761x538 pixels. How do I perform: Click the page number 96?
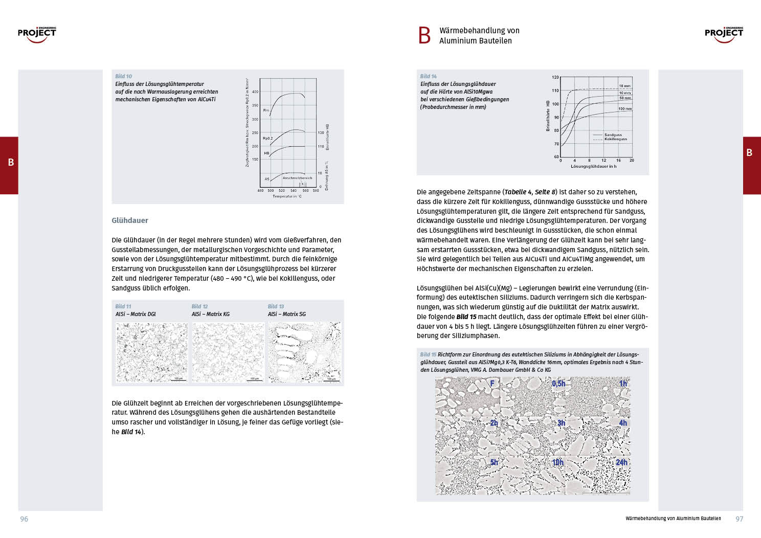pyautogui.click(x=24, y=519)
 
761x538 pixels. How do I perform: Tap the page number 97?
pyautogui.click(x=739, y=519)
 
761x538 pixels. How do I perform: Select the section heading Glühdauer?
pyautogui.click(x=130, y=220)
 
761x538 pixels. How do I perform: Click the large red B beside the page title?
pyautogui.click(x=424, y=35)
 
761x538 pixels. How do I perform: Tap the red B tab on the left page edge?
pyautogui.click(x=10, y=163)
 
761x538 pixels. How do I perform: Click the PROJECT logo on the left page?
pyautogui.click(x=37, y=34)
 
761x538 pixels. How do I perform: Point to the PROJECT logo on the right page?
pyautogui.click(x=724, y=34)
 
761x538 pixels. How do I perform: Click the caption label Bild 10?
pyautogui.click(x=123, y=76)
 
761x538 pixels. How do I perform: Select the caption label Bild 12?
pyautogui.click(x=199, y=306)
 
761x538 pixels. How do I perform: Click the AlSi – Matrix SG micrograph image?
pyautogui.click(x=304, y=352)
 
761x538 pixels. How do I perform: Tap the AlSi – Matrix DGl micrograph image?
pyautogui.click(x=152, y=352)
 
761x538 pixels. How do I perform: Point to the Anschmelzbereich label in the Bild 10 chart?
pyautogui.click(x=297, y=178)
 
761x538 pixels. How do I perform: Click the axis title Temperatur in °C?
pyautogui.click(x=287, y=196)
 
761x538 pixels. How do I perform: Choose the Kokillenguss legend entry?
pyautogui.click(x=615, y=139)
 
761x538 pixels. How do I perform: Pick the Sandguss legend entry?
pyautogui.click(x=613, y=134)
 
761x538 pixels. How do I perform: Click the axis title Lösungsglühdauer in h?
pyautogui.click(x=593, y=166)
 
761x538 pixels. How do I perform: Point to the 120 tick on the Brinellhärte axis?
pyautogui.click(x=555, y=77)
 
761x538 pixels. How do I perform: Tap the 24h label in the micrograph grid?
pyautogui.click(x=621, y=462)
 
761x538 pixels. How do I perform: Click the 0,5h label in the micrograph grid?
pyautogui.click(x=558, y=384)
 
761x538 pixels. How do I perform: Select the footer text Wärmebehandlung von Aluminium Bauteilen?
pyautogui.click(x=673, y=519)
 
